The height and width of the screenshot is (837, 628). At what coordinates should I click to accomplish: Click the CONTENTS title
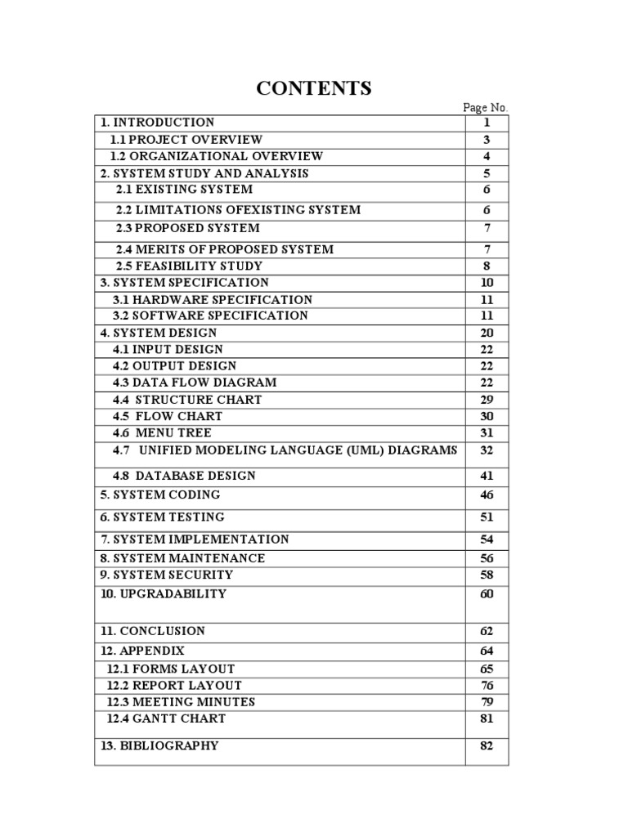tap(314, 88)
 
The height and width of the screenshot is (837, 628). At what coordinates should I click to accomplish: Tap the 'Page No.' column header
tap(486, 108)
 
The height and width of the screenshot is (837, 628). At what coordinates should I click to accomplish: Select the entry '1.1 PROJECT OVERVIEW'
tap(186, 140)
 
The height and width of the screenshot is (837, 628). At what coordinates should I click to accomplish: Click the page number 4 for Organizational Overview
tap(487, 156)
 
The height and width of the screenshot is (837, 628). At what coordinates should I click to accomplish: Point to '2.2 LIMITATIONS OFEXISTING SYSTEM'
tap(238, 210)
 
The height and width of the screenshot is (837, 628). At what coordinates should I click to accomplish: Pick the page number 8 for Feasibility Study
tap(487, 266)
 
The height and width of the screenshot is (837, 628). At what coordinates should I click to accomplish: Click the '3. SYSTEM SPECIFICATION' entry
tap(184, 283)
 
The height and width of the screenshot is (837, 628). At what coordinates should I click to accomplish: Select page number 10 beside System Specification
tap(487, 283)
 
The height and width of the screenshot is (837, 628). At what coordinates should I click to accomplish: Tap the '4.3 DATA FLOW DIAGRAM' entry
tap(195, 383)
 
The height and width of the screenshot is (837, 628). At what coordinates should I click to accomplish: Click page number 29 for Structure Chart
tap(487, 400)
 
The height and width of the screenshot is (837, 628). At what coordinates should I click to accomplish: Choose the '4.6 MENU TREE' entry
tap(162, 433)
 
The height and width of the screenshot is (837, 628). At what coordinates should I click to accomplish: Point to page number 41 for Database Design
tap(487, 476)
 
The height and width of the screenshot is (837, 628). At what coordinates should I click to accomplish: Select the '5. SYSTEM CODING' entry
tap(160, 495)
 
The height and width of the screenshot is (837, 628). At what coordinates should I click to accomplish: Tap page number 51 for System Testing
tap(487, 517)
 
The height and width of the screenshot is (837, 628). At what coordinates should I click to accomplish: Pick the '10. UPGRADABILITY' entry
tap(164, 594)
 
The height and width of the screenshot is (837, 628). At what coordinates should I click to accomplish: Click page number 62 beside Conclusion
tap(487, 632)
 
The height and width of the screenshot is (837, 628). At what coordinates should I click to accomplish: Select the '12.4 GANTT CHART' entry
tap(167, 719)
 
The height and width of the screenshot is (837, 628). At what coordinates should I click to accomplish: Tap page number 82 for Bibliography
tap(487, 746)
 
